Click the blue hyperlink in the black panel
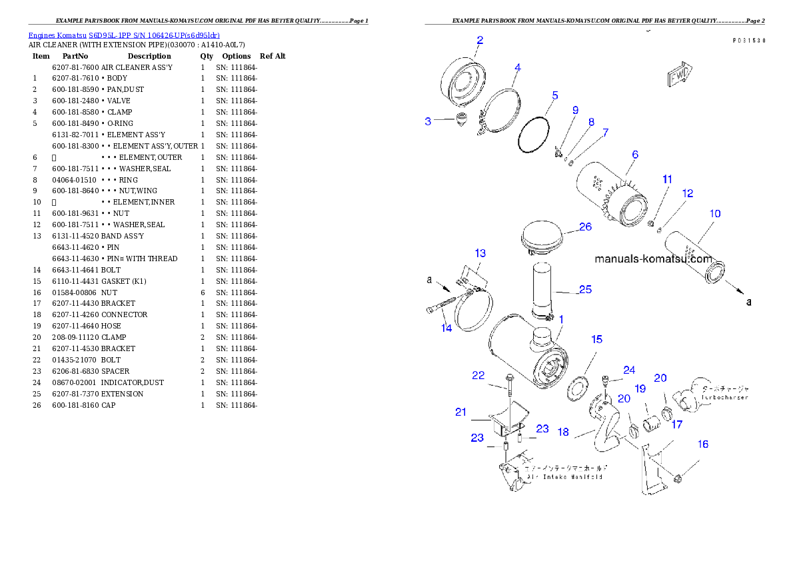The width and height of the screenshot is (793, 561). pyautogui.click(x=124, y=35)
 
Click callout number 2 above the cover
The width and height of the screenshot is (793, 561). pyautogui.click(x=479, y=40)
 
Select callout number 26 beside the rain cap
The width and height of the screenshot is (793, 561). pyautogui.click(x=585, y=227)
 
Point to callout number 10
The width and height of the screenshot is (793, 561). pyautogui.click(x=714, y=214)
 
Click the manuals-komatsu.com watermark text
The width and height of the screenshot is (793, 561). pyautogui.click(x=653, y=259)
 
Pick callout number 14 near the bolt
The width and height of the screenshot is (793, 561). pyautogui.click(x=446, y=328)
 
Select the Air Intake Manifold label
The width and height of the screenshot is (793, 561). pyautogui.click(x=565, y=477)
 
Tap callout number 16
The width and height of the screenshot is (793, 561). pyautogui.click(x=702, y=444)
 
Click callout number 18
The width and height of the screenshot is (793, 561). pyautogui.click(x=563, y=432)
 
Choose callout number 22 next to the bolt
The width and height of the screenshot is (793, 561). pyautogui.click(x=478, y=376)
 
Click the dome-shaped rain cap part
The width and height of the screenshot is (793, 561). pyautogui.click(x=540, y=237)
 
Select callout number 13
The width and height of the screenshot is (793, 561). pyautogui.click(x=480, y=253)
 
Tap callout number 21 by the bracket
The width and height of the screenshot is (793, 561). pyautogui.click(x=460, y=412)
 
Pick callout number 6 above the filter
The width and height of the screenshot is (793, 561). pyautogui.click(x=635, y=155)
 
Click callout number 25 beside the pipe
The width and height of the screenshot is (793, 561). pyautogui.click(x=585, y=290)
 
